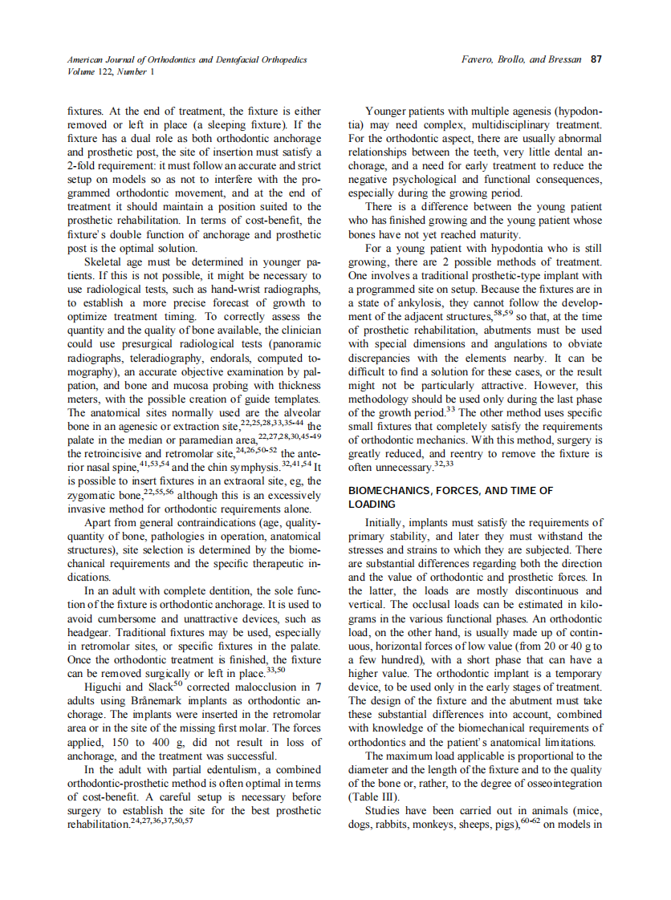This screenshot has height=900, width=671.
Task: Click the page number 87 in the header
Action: coord(596,59)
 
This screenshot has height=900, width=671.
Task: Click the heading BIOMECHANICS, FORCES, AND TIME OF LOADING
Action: coord(450,497)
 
